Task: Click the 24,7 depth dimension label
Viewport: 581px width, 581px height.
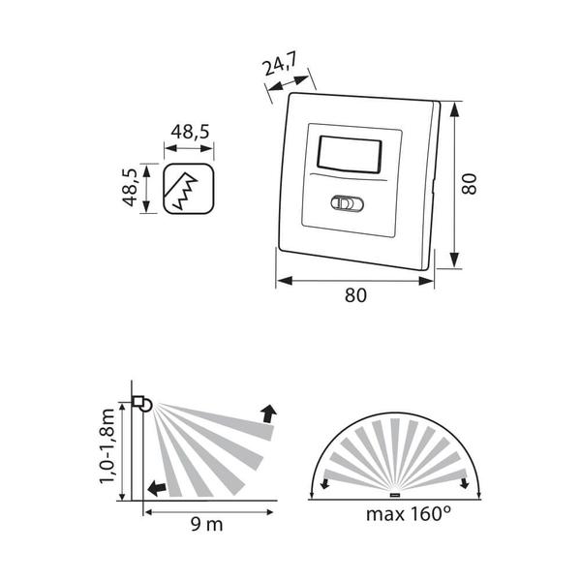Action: (280, 66)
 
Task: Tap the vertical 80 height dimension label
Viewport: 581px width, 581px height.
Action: (469, 183)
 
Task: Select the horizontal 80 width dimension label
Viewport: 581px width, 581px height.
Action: (355, 295)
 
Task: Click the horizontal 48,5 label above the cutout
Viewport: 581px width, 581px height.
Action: (190, 132)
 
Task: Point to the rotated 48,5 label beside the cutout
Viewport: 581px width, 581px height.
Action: (130, 187)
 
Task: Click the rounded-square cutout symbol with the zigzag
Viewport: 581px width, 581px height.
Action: (189, 189)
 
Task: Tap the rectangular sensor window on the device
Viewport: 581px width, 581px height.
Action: (349, 156)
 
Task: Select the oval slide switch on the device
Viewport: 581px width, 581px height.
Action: (347, 203)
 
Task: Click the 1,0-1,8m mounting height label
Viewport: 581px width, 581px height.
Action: (107, 446)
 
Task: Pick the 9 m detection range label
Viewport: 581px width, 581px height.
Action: (207, 524)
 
